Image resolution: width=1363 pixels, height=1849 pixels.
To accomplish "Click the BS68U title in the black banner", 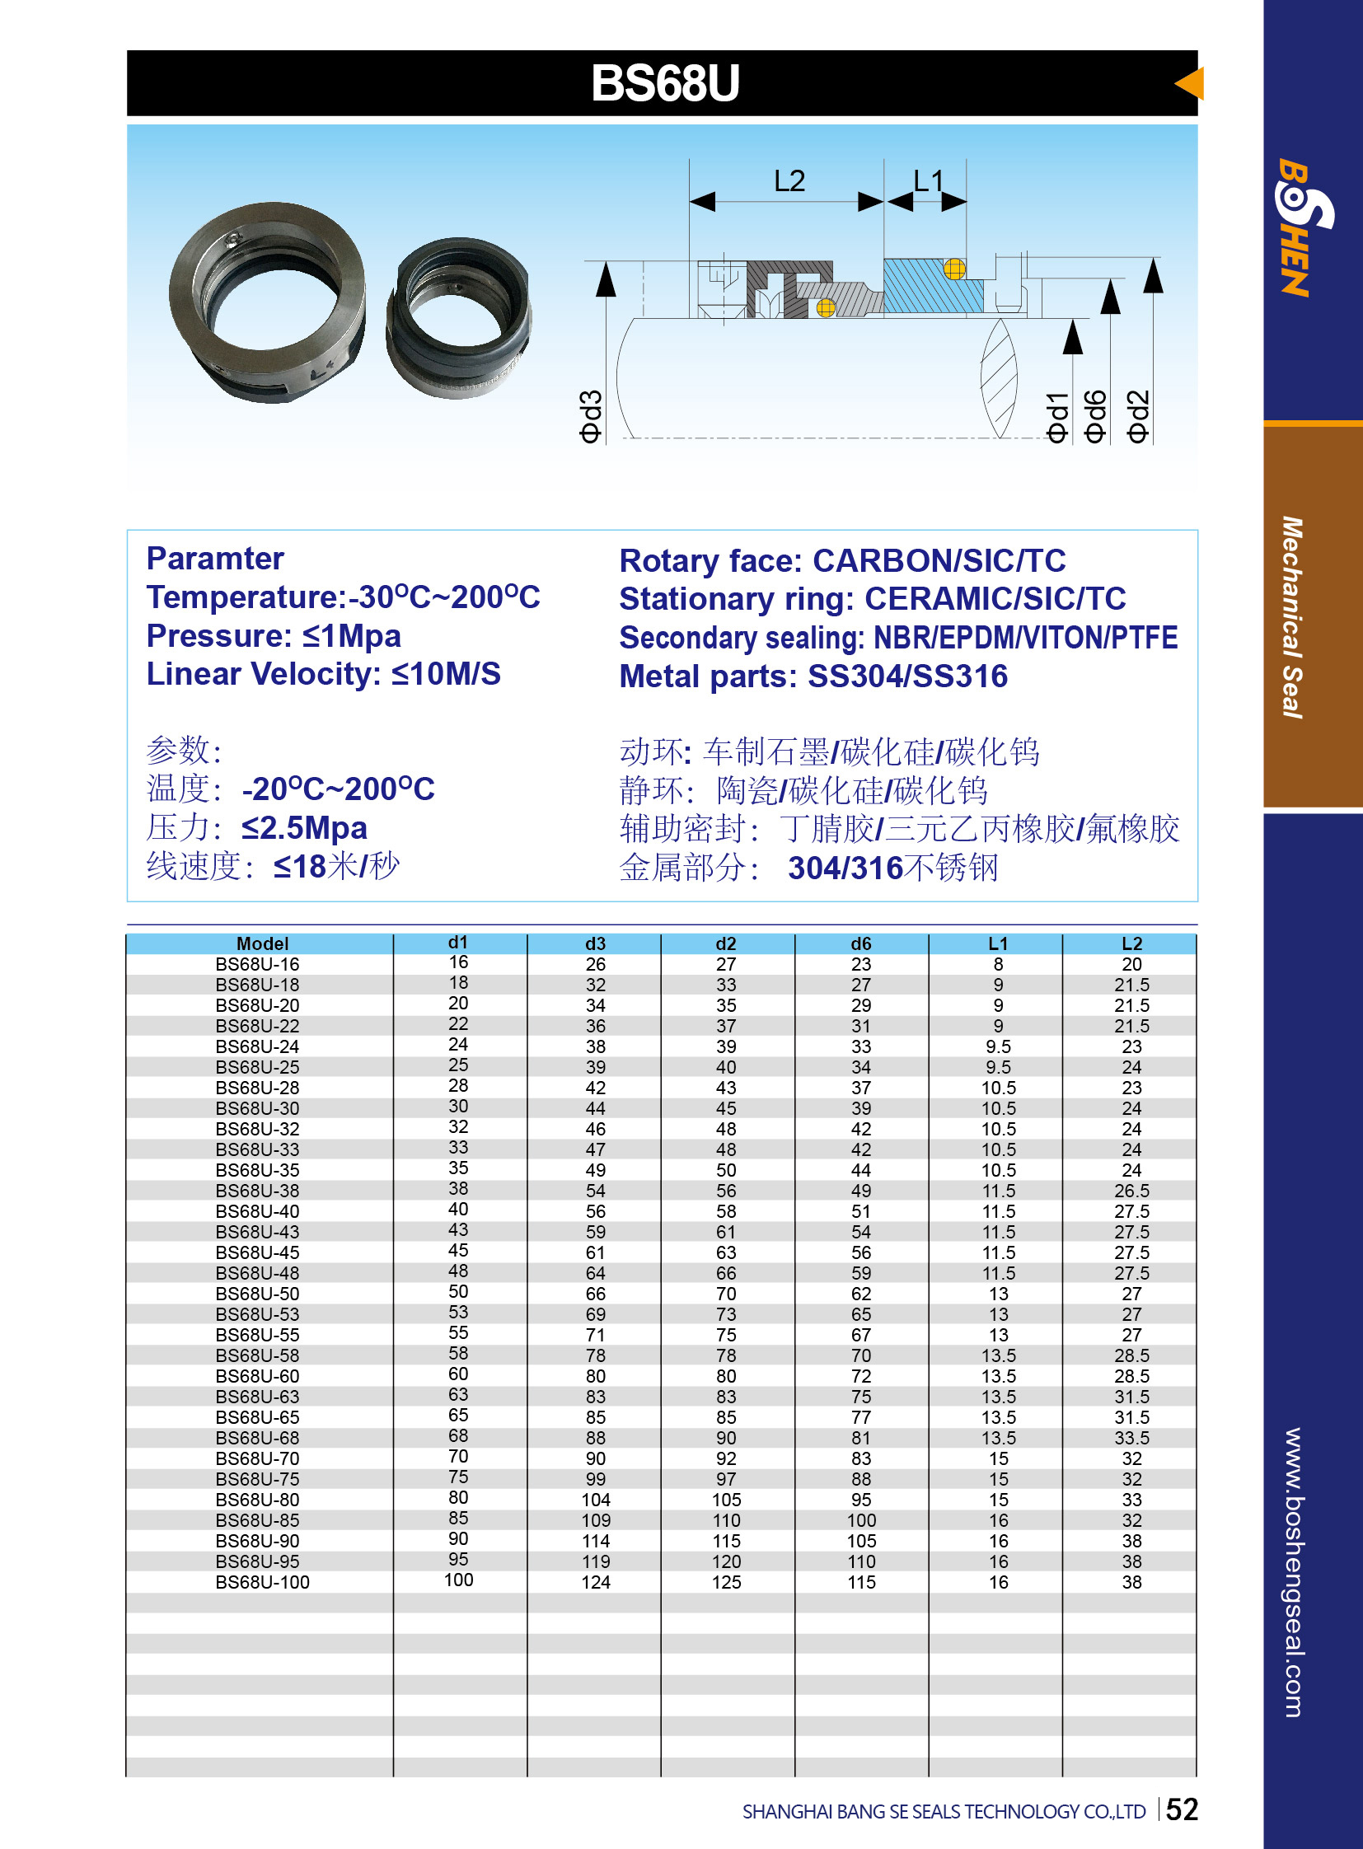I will (665, 83).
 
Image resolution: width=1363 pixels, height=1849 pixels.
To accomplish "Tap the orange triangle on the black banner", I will (1191, 83).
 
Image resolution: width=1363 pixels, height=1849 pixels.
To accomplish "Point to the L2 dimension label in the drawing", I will (789, 180).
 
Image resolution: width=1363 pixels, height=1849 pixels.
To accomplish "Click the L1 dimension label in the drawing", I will (927, 180).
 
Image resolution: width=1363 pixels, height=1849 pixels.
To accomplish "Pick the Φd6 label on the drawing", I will (1094, 417).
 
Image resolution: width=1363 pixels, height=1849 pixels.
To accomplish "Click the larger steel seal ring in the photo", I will (266, 302).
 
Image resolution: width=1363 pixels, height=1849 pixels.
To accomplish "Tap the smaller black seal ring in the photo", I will (459, 317).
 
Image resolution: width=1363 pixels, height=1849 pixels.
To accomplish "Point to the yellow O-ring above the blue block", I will (954, 268).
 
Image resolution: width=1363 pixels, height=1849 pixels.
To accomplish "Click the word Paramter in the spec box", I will (214, 559).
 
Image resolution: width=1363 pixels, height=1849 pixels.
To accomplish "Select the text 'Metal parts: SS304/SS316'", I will (813, 676).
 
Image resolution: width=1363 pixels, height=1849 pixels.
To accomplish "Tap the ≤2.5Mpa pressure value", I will (303, 827).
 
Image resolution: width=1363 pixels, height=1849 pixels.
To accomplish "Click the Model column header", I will (262, 943).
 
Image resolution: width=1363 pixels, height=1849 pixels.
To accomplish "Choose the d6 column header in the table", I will (860, 943).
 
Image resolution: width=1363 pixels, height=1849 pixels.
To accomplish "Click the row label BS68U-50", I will (257, 1294).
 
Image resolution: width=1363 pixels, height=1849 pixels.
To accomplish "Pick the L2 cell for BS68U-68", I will (1131, 1438).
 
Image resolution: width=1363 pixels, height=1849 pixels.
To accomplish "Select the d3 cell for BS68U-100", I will (595, 1583).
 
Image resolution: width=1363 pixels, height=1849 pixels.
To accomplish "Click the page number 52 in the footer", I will (1182, 1809).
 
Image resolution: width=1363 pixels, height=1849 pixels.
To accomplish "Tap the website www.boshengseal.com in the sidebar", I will (1293, 1572).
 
